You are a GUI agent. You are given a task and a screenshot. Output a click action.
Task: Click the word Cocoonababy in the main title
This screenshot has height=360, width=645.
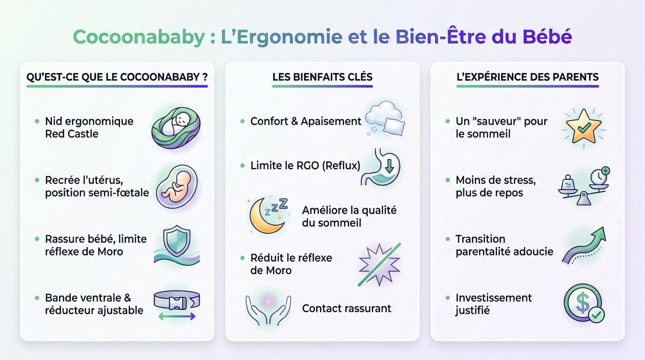138,37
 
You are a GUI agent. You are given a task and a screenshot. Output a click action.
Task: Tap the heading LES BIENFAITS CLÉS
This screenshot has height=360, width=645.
322,77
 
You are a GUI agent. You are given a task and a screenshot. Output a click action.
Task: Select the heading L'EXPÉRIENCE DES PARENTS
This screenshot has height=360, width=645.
527,77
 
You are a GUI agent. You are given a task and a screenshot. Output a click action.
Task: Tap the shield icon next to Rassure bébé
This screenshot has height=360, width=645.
176,241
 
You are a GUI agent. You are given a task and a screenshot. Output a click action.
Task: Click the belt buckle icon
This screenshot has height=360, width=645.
177,300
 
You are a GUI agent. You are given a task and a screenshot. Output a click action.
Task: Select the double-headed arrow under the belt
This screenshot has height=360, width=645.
177,317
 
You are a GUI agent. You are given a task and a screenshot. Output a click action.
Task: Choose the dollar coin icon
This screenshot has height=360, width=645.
584,304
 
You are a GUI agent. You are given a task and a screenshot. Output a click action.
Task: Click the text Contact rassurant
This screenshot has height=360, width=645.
346,308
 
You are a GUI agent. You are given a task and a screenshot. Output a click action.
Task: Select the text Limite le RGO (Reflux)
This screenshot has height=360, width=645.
305,165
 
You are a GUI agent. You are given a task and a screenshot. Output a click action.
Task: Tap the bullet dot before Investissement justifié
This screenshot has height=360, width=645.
448,299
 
